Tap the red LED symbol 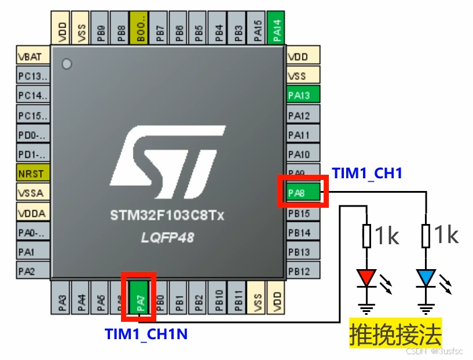367,277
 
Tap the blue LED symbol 426,277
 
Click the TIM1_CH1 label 367,172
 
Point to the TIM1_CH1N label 146,334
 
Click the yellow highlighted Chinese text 395,333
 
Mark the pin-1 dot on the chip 67,64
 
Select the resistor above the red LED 367,236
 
